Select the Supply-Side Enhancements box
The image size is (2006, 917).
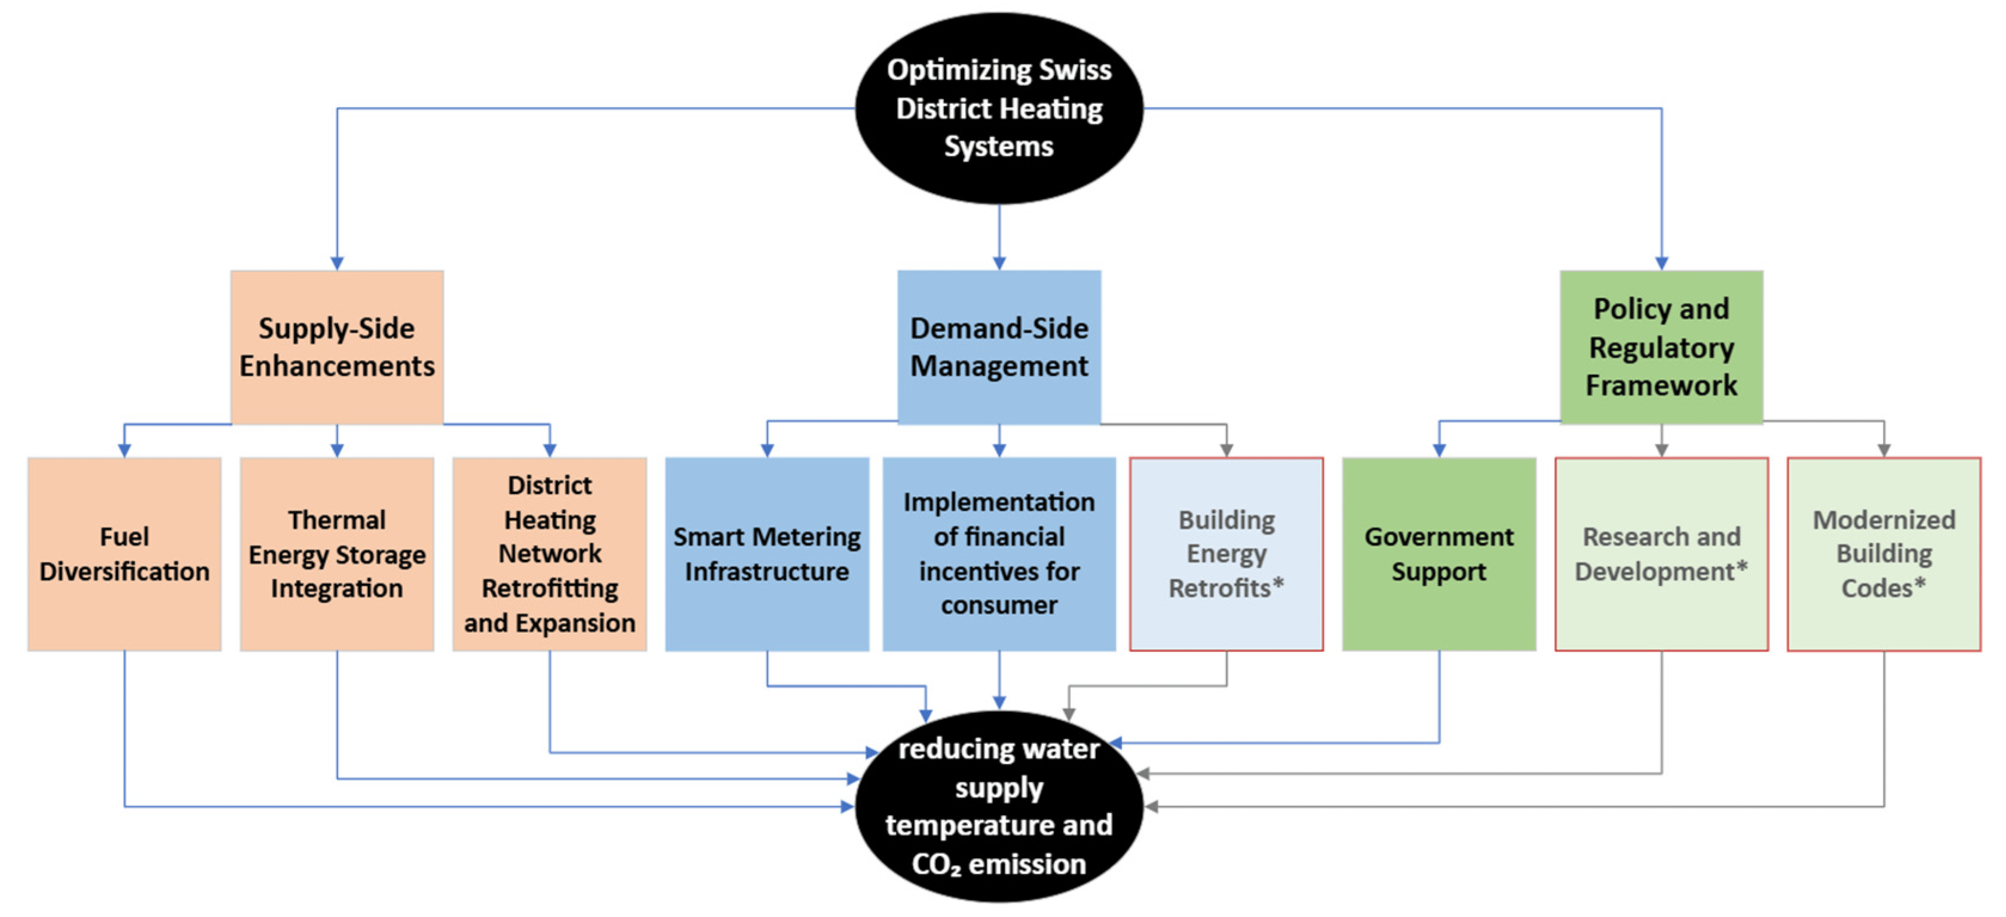[x=337, y=347]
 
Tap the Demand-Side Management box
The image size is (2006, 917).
[x=999, y=347]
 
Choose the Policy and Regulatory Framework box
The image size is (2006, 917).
[x=1661, y=347]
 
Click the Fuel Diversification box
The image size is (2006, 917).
[x=125, y=553]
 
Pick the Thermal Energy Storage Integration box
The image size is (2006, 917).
[x=337, y=553]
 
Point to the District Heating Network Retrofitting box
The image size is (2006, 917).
[x=550, y=553]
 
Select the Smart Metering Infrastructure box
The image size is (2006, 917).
[x=767, y=553]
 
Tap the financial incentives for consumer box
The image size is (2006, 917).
[x=999, y=553]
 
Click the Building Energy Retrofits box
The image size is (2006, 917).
[x=1226, y=553]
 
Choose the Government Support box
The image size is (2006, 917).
[x=1439, y=553]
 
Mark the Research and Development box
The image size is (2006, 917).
[x=1661, y=553]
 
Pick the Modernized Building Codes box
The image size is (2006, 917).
[x=1884, y=553]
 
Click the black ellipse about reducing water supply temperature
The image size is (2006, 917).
[x=999, y=807]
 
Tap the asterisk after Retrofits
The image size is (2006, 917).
[x=1278, y=584]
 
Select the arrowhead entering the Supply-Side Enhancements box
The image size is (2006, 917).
[x=337, y=263]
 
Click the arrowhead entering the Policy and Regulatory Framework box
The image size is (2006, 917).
[x=1661, y=263]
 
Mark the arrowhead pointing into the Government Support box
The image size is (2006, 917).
[x=1439, y=450]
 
